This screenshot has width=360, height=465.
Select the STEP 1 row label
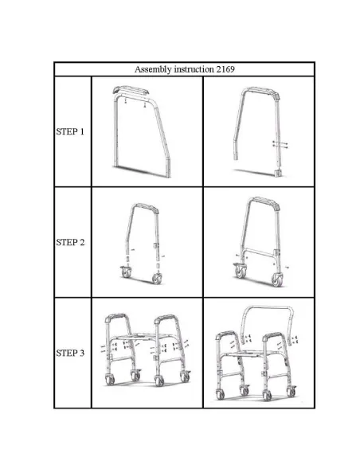tap(70, 132)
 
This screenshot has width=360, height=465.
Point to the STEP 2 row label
tap(70, 242)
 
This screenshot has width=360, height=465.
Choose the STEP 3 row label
tap(70, 353)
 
